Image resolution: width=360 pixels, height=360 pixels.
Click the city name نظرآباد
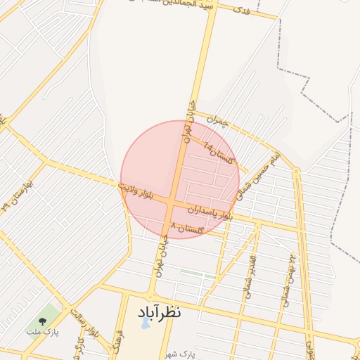[x=154, y=311]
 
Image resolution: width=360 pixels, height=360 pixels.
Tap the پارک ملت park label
[x=43, y=330]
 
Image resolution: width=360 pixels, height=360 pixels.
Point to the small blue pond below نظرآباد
[x=145, y=324]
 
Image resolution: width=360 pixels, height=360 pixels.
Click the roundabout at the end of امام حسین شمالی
[x=297, y=171]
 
